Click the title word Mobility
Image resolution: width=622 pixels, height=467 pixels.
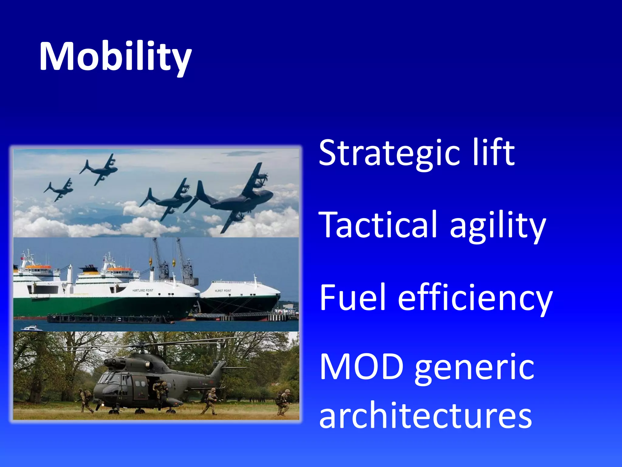tap(115, 57)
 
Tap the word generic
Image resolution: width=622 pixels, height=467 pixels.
tap(474, 369)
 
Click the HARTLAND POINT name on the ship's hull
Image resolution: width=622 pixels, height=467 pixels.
tap(143, 290)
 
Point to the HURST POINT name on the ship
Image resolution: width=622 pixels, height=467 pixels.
tap(223, 291)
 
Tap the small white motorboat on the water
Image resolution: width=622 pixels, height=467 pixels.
tap(31, 328)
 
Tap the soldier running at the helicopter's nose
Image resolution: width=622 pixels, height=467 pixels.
tap(86, 400)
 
